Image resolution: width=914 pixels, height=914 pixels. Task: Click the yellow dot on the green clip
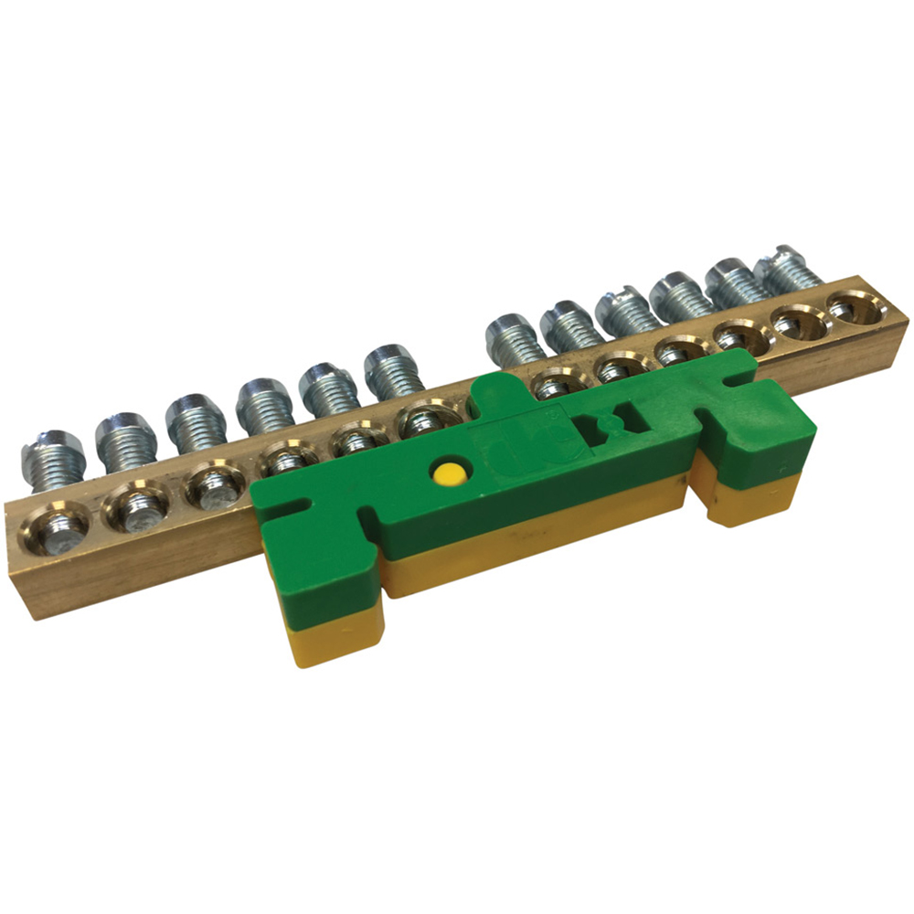[x=449, y=473]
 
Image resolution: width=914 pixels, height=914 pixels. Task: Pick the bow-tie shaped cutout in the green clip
[x=607, y=425]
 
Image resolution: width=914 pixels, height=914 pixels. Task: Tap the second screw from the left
[x=126, y=440]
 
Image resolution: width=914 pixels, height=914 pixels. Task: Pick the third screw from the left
[x=196, y=421]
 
